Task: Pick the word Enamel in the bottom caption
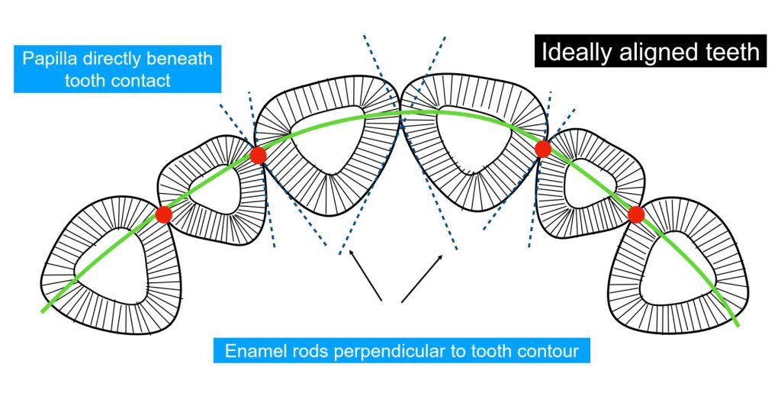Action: click(x=255, y=351)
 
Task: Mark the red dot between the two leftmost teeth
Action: click(x=163, y=214)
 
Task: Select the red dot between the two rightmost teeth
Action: click(x=636, y=214)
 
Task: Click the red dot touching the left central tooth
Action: click(x=258, y=156)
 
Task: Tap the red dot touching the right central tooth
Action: click(x=543, y=149)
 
